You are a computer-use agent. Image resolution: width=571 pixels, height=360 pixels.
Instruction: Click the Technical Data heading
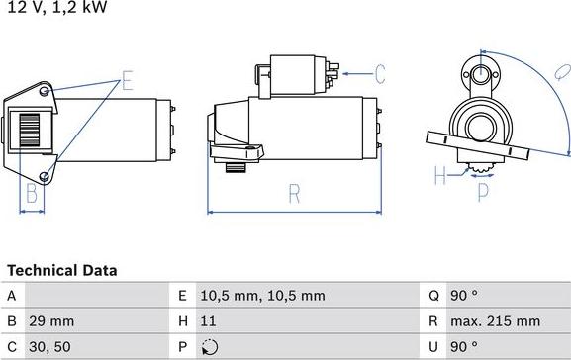click(x=61, y=270)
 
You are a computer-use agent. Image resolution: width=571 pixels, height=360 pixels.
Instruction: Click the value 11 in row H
click(x=207, y=321)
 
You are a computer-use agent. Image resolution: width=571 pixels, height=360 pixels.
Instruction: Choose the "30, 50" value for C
click(x=49, y=347)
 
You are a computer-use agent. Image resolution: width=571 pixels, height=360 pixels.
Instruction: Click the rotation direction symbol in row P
click(x=207, y=347)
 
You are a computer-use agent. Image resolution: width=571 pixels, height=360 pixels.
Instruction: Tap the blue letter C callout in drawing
click(x=379, y=72)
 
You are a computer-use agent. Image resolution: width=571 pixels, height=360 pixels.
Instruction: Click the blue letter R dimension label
click(x=294, y=194)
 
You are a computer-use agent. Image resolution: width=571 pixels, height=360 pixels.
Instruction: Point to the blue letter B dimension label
click(x=32, y=193)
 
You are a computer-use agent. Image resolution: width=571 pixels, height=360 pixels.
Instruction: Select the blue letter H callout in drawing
click(x=439, y=177)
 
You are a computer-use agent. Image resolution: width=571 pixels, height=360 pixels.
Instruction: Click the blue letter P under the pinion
click(x=483, y=193)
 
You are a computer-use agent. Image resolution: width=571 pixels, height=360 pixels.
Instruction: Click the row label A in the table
click(x=11, y=296)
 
